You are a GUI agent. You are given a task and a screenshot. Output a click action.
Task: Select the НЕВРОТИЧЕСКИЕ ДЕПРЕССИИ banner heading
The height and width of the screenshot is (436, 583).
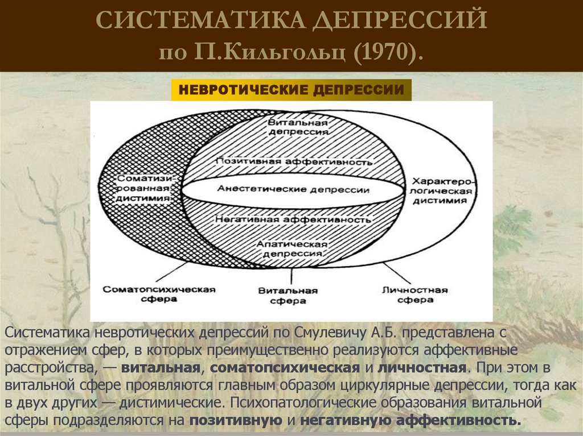pyautogui.click(x=291, y=90)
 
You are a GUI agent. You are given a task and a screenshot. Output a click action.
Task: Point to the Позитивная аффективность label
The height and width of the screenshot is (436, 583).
pyautogui.click(x=294, y=161)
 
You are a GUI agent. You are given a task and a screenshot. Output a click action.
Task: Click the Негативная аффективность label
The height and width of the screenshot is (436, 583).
pyautogui.click(x=293, y=219)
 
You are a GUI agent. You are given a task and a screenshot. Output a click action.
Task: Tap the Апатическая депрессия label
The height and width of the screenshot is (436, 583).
pyautogui.click(x=292, y=248)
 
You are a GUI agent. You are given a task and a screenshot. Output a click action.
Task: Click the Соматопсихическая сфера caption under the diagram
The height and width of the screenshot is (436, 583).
pyautogui.click(x=159, y=294)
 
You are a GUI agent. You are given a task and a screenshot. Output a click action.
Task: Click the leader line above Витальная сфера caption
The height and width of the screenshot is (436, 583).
pyautogui.click(x=291, y=276)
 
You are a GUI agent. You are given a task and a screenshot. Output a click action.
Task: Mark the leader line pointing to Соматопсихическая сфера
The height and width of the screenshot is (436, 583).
pyautogui.click(x=170, y=272)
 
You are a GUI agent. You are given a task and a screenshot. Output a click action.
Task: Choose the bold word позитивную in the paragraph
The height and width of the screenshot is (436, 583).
pyautogui.click(x=236, y=421)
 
